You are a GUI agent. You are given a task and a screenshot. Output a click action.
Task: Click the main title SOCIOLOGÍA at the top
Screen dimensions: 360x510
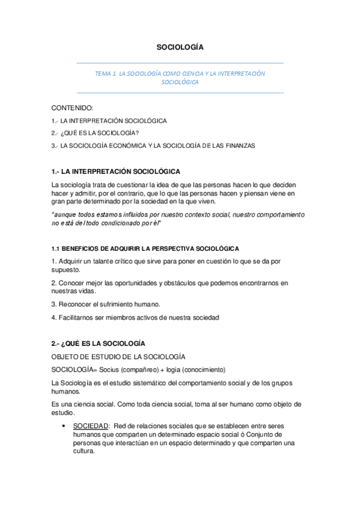[x=180, y=46]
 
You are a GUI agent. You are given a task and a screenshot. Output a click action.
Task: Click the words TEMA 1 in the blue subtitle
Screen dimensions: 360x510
[x=105, y=73]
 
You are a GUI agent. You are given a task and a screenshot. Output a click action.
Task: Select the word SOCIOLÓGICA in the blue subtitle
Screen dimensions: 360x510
[x=180, y=83]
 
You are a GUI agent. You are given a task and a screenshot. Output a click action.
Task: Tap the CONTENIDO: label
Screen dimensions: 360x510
[x=73, y=108]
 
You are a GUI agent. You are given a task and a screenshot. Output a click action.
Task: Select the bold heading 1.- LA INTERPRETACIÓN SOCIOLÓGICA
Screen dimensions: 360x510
[x=116, y=171]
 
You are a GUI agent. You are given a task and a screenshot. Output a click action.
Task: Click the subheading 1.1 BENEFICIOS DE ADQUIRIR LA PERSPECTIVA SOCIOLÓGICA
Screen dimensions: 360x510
[x=145, y=248]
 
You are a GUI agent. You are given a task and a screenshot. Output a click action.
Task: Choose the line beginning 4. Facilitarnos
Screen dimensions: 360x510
[x=135, y=317]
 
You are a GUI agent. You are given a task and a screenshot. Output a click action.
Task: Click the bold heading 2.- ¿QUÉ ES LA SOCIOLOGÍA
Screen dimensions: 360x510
[x=99, y=343]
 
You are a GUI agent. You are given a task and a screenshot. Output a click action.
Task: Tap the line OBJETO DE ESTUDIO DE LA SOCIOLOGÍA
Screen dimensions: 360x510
[x=118, y=357]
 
